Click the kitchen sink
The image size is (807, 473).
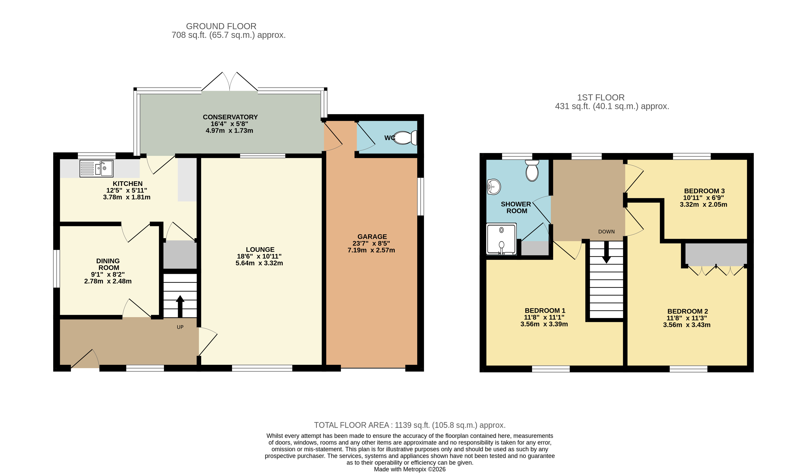point(96,169)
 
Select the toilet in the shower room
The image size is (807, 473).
point(532,171)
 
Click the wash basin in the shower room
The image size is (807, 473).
point(494,187)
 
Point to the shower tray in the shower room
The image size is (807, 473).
point(501,239)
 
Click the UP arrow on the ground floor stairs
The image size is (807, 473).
point(180,306)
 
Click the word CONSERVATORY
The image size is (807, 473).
point(230,117)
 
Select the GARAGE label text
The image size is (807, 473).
point(372,237)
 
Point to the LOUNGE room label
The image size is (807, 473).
point(260,249)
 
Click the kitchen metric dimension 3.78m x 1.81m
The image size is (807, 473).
point(127,197)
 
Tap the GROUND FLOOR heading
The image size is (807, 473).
point(221,26)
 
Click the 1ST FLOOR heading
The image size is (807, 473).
point(601,98)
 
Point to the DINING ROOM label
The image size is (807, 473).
point(109,264)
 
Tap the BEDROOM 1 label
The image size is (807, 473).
point(545,310)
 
